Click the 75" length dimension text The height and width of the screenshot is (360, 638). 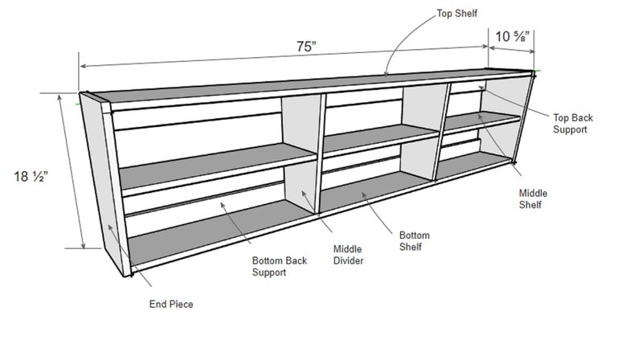(x=306, y=47)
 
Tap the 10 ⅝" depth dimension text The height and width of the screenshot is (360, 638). (x=512, y=36)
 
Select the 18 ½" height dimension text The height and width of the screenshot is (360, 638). (x=31, y=176)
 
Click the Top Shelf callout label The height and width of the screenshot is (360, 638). (x=456, y=14)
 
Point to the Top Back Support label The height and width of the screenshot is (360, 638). (x=572, y=124)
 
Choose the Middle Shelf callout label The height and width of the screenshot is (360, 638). (x=533, y=199)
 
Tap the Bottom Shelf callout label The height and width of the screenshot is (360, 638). (x=414, y=241)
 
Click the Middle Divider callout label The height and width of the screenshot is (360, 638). (x=348, y=255)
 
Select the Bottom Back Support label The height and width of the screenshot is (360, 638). (x=279, y=266)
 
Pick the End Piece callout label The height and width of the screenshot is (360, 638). (x=171, y=304)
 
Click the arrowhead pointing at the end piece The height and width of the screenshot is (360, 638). (x=110, y=227)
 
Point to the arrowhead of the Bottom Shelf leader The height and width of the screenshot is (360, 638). (x=364, y=194)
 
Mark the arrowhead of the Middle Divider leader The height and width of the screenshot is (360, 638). (x=304, y=193)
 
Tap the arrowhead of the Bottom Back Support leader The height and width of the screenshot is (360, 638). (x=223, y=205)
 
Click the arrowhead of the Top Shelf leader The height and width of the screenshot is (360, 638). (x=386, y=73)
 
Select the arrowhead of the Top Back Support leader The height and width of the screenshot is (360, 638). (x=481, y=88)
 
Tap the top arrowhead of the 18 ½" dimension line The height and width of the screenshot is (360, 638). (x=60, y=97)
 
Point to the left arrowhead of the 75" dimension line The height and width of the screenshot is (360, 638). (x=84, y=66)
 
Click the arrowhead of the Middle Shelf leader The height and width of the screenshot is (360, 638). (x=480, y=117)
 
